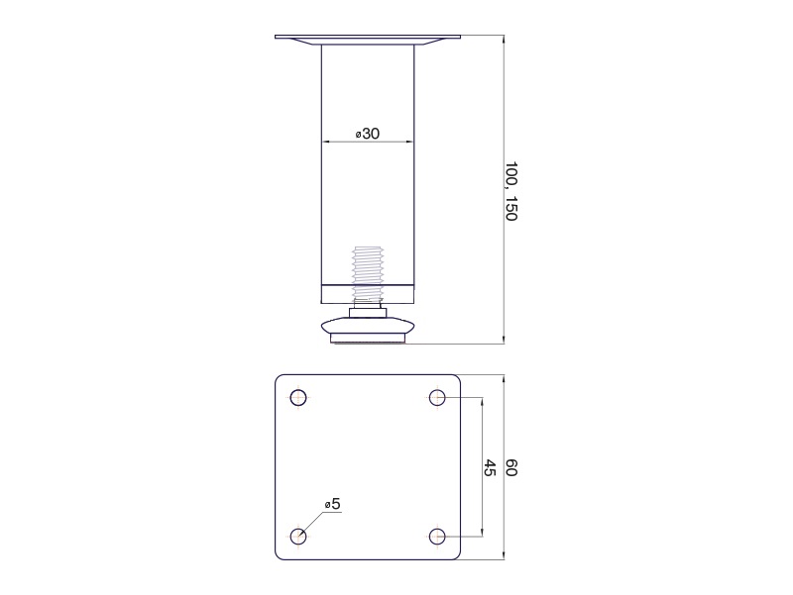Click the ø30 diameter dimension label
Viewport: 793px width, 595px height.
pyautogui.click(x=368, y=134)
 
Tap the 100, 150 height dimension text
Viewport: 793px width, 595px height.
pyautogui.click(x=511, y=191)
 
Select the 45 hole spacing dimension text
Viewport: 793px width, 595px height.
pyautogui.click(x=490, y=467)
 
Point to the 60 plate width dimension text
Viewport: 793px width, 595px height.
pyautogui.click(x=511, y=467)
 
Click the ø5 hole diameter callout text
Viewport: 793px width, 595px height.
pyautogui.click(x=333, y=504)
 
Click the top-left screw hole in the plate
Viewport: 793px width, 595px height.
pyautogui.click(x=299, y=398)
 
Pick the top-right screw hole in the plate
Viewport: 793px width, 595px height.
pyautogui.click(x=437, y=398)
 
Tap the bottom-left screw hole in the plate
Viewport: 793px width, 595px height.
pyautogui.click(x=299, y=537)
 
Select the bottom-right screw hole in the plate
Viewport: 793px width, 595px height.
pyautogui.click(x=437, y=537)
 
